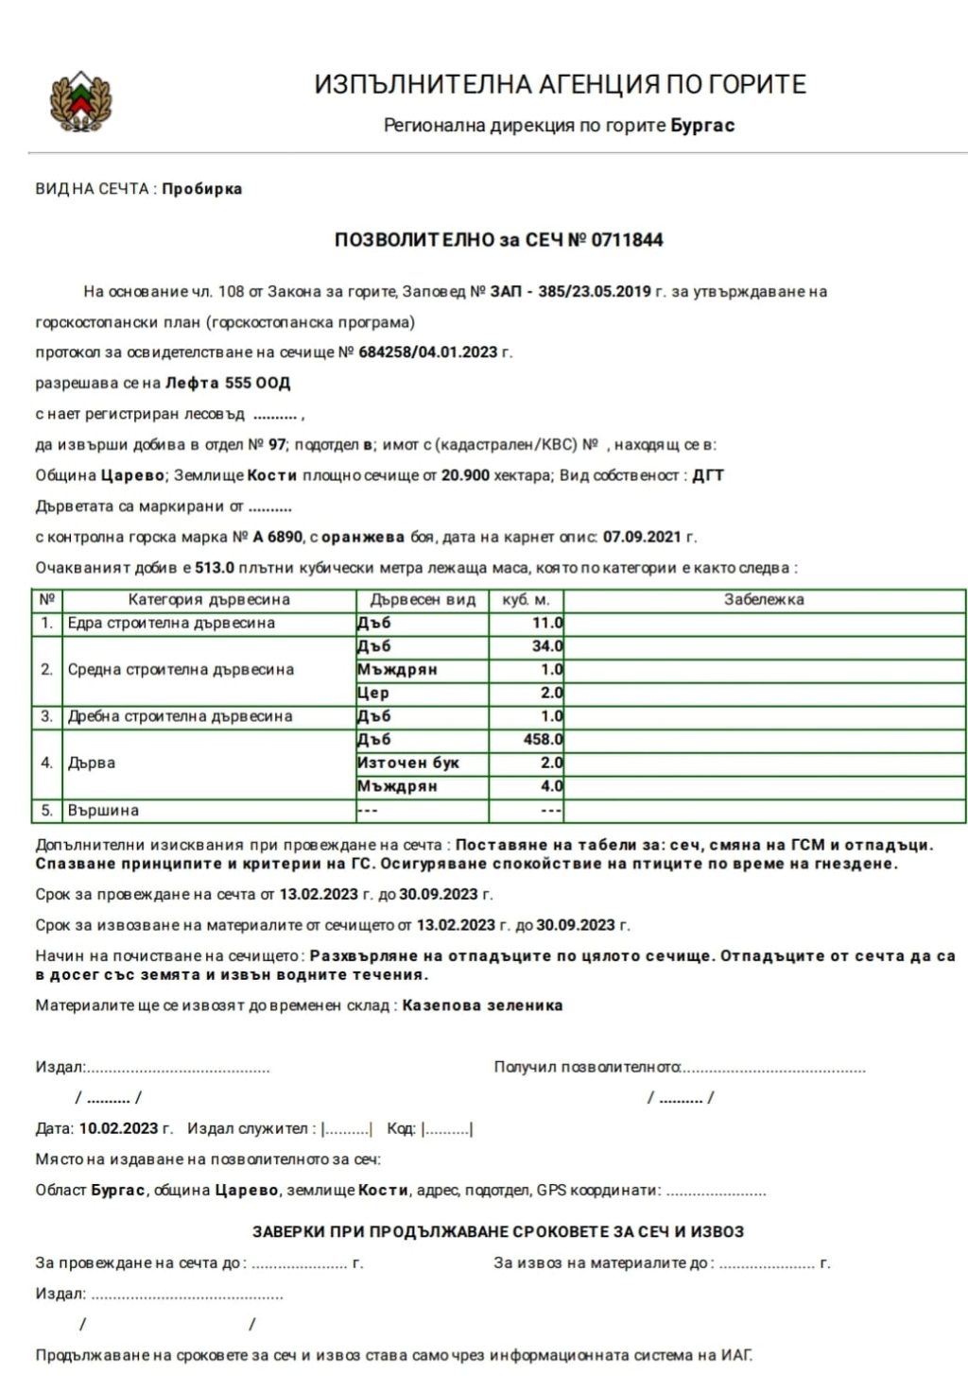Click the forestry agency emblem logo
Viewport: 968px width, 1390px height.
click(x=80, y=101)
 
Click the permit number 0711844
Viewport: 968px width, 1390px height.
click(x=627, y=240)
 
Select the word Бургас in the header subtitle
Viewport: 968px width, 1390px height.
click(x=702, y=125)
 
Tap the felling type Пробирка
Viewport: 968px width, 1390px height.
click(x=201, y=188)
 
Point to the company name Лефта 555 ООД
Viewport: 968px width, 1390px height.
click(x=228, y=383)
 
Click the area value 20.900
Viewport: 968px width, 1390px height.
click(x=465, y=475)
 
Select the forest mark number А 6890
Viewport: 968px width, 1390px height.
click(x=278, y=537)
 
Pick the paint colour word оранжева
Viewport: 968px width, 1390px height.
click(x=364, y=537)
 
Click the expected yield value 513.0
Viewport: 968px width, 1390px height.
click(x=215, y=568)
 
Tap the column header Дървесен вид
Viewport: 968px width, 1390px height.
click(x=423, y=599)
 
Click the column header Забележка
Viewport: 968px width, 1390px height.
click(x=764, y=599)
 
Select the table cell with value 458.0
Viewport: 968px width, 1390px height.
click(x=544, y=739)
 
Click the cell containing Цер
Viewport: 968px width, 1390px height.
click(x=373, y=693)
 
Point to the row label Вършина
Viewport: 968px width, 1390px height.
click(x=103, y=810)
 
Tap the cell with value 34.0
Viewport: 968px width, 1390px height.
click(x=547, y=646)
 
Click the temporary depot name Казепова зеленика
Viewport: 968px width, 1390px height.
click(x=482, y=1005)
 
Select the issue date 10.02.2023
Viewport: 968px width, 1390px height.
click(x=119, y=1128)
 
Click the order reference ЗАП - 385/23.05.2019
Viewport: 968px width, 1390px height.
click(x=570, y=291)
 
